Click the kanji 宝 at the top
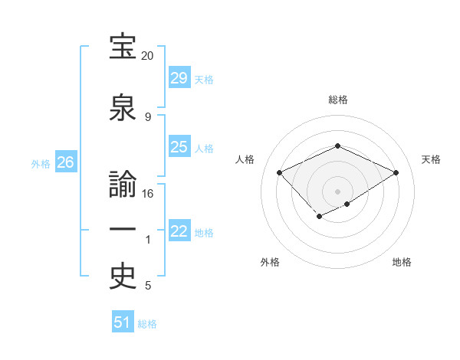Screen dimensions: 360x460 tap(123, 47)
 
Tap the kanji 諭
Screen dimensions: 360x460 tap(123, 186)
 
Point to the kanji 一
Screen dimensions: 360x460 tap(123, 231)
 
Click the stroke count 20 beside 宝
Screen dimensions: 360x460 tap(148, 56)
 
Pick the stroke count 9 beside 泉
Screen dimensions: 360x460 tap(148, 116)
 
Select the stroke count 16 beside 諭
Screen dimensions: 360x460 tap(148, 194)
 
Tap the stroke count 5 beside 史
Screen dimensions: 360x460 tap(148, 286)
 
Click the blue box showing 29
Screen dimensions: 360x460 tap(179, 77)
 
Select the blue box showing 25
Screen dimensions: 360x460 tap(179, 147)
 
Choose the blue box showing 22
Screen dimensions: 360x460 tap(179, 231)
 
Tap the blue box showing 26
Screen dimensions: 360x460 tap(66, 162)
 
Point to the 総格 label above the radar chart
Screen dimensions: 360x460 tap(337, 100)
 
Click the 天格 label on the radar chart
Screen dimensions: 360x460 tap(431, 159)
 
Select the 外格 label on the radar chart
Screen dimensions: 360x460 tap(270, 262)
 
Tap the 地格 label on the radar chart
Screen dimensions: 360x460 tap(402, 262)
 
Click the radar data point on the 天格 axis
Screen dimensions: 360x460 tap(396, 172)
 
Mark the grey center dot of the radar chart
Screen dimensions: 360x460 tap(337, 191)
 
